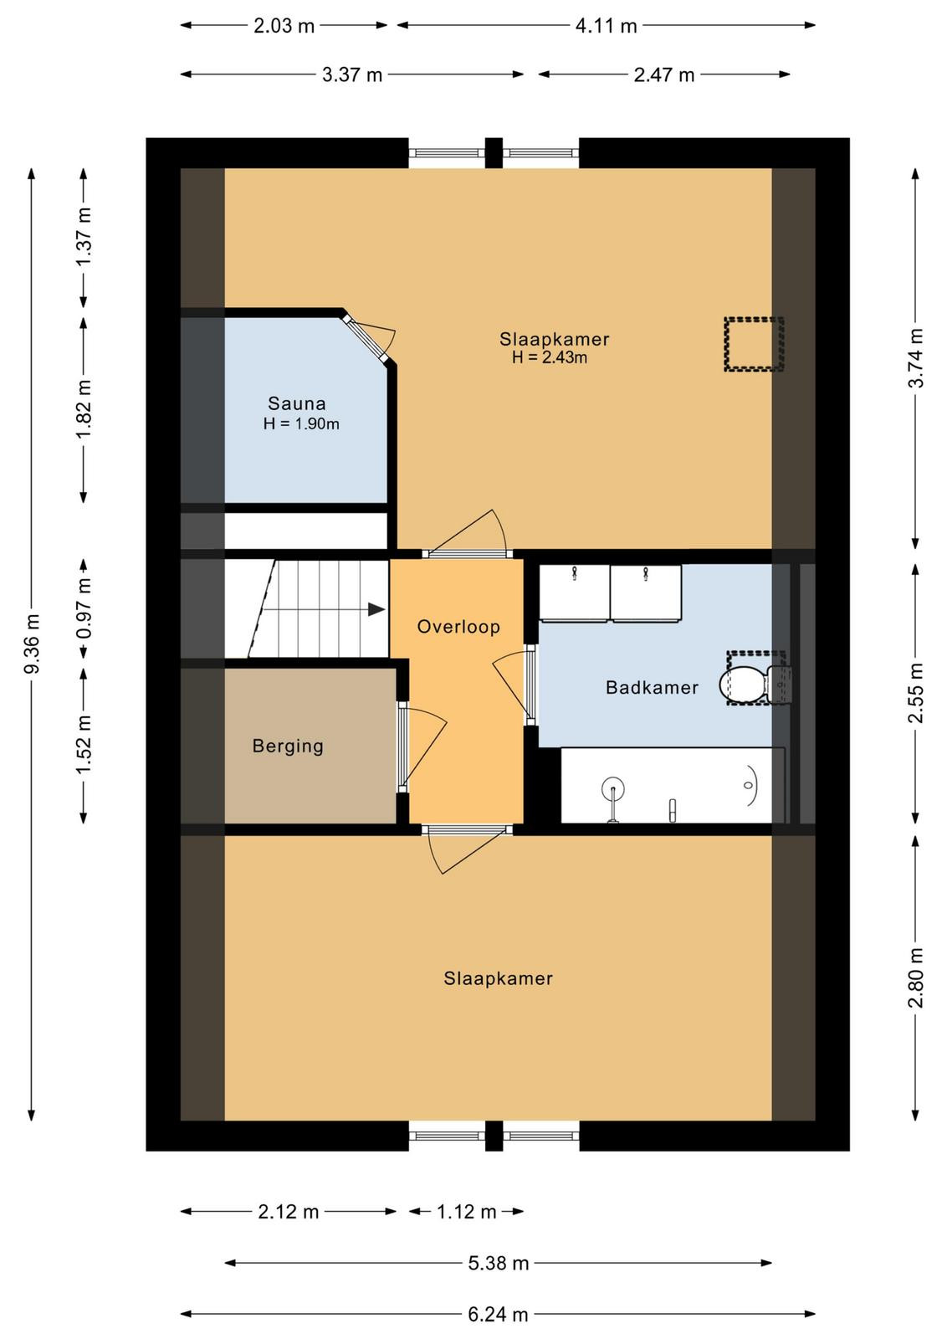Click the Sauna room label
[x=296, y=403]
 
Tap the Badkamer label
[x=652, y=687]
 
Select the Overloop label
[x=458, y=627]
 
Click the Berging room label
[x=288, y=746]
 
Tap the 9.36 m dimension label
[x=32, y=643]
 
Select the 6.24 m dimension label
[x=498, y=1314]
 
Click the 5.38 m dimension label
[x=499, y=1263]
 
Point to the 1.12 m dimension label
[x=466, y=1212]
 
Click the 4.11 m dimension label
[x=606, y=26]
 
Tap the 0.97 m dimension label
[x=84, y=608]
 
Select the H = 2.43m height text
[x=549, y=357]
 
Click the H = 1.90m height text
[x=301, y=423]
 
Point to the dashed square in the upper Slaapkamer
[x=754, y=344]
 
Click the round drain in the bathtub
[x=613, y=787]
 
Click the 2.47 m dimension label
[x=663, y=75]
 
